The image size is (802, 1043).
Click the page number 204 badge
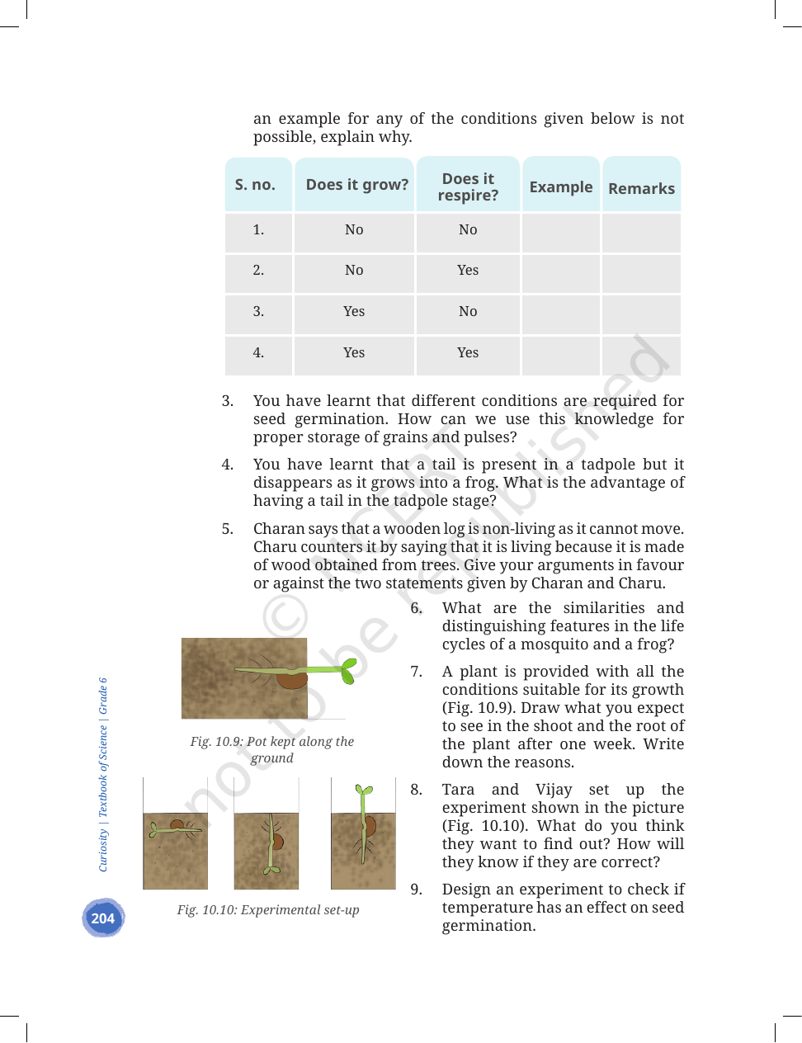click(x=103, y=918)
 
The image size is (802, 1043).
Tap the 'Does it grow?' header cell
click(x=354, y=184)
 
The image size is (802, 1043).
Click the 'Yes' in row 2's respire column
click(x=468, y=270)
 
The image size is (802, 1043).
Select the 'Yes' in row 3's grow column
click(x=354, y=312)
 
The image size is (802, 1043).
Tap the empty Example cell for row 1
click(x=561, y=233)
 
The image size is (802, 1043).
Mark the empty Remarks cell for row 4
click(x=641, y=356)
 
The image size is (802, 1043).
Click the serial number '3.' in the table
click(x=258, y=312)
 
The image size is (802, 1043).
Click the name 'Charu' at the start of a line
click(x=276, y=547)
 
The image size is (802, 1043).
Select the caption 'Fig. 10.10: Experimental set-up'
click(x=268, y=909)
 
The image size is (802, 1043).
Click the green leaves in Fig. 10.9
click(x=349, y=671)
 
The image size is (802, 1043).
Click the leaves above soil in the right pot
click(x=363, y=789)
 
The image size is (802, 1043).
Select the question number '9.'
click(x=416, y=890)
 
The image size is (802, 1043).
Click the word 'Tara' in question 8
click(x=458, y=790)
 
